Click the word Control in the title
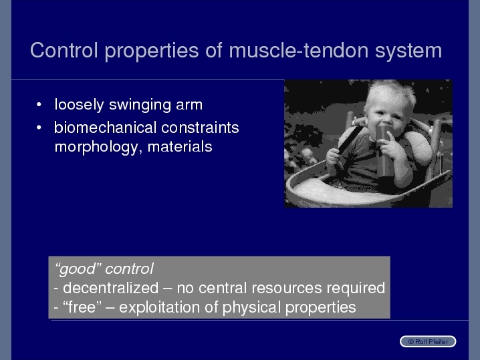coord(64,50)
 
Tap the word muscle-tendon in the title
coord(298,50)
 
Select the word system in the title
coord(408,52)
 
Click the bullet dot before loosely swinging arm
coord(39,105)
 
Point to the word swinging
coord(140,106)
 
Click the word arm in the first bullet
coord(189,106)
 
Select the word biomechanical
coord(106,128)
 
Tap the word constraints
coord(200,128)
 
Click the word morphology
coord(96,148)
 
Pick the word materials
coord(180,147)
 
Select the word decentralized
coord(110,288)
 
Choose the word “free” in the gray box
coord(82,307)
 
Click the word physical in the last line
coord(251,308)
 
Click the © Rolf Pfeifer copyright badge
coord(428,342)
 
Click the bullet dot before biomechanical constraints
coord(39,128)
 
